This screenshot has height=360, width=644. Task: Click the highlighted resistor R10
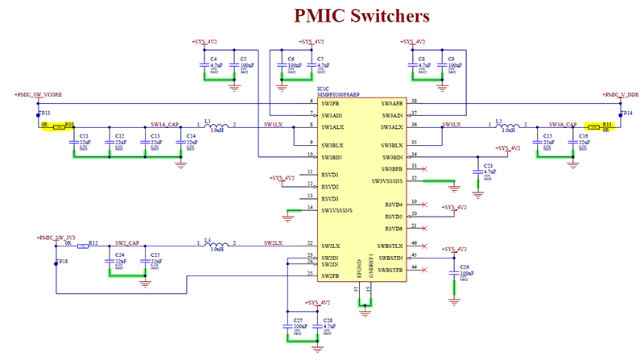click(x=59, y=126)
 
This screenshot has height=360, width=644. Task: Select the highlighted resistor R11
click(x=597, y=126)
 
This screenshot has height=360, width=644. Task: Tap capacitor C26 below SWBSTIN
click(x=463, y=267)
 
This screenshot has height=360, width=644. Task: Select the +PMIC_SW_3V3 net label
click(x=54, y=237)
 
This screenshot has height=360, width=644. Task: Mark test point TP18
click(x=62, y=263)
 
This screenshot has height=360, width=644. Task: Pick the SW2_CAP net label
click(x=126, y=242)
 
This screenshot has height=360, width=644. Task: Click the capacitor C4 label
click(x=213, y=59)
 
